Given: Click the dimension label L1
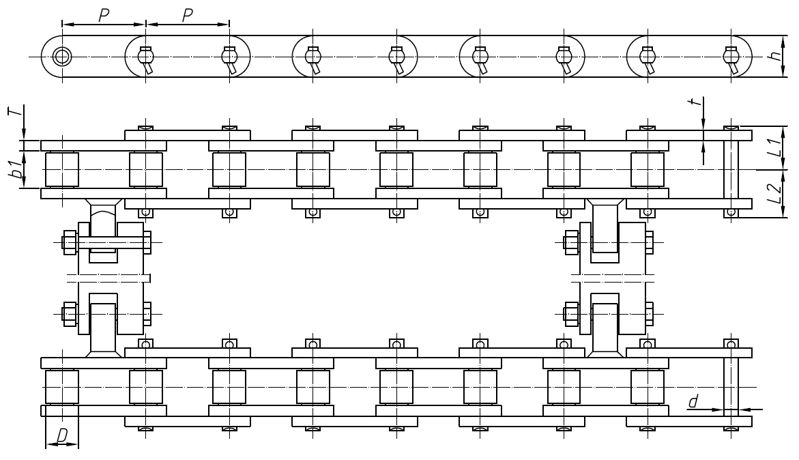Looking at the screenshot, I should (x=773, y=148).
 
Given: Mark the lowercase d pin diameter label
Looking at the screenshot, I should (x=693, y=402).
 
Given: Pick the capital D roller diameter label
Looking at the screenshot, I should (x=62, y=435).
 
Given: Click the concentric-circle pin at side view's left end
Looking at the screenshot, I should (x=62, y=56).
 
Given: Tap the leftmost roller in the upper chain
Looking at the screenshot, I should (x=62, y=169).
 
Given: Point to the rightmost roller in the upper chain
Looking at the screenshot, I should (x=647, y=169).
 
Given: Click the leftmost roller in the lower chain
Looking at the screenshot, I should (x=62, y=387).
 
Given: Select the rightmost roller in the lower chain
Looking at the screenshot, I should (x=647, y=387).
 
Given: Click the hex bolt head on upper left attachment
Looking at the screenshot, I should (x=69, y=242).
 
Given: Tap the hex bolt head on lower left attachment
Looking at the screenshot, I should (x=69, y=315).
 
